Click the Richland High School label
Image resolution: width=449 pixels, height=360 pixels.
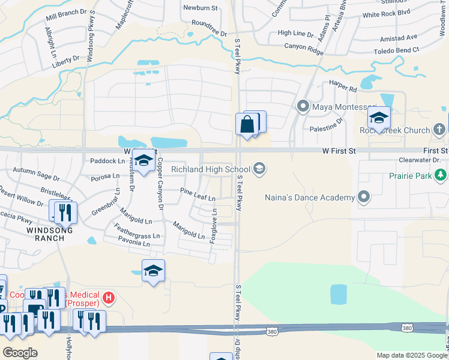(210, 170)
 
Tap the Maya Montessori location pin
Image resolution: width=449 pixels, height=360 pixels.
(303, 107)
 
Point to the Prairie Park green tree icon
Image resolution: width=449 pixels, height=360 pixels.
(441, 175)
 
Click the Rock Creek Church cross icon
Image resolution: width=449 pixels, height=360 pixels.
(440, 130)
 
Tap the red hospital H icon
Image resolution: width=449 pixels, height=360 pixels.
(108, 296)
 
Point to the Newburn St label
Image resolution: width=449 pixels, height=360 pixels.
(200, 8)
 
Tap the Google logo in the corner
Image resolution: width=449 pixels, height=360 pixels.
(20, 352)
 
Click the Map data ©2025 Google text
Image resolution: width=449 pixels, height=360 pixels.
(411, 355)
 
